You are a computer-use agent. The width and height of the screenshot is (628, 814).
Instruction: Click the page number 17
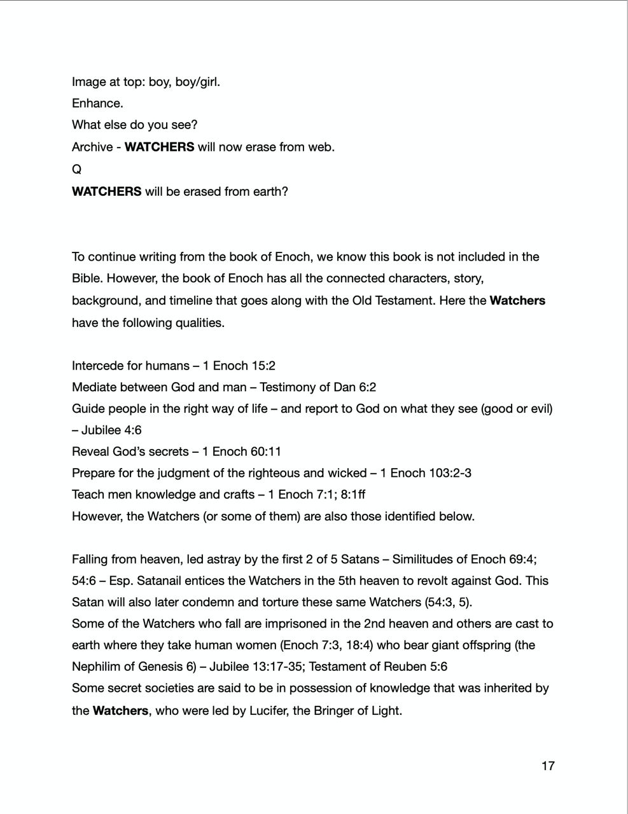tap(548, 766)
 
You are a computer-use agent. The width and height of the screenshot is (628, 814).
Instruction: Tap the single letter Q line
tap(76, 169)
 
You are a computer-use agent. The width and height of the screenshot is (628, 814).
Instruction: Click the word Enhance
tap(97, 103)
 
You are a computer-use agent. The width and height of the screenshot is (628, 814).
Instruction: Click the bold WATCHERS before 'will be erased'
tap(106, 191)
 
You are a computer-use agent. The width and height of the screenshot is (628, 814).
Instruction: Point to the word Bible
tap(87, 279)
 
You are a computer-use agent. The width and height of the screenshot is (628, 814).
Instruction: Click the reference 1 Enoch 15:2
tap(239, 366)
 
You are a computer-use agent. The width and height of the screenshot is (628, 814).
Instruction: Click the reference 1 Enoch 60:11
tap(242, 452)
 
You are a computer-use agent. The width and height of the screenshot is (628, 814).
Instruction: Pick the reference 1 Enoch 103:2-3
tap(426, 473)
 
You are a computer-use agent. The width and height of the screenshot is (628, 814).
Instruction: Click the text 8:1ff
tap(353, 494)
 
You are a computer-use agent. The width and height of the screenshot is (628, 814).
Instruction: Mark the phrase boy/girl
tap(197, 82)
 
